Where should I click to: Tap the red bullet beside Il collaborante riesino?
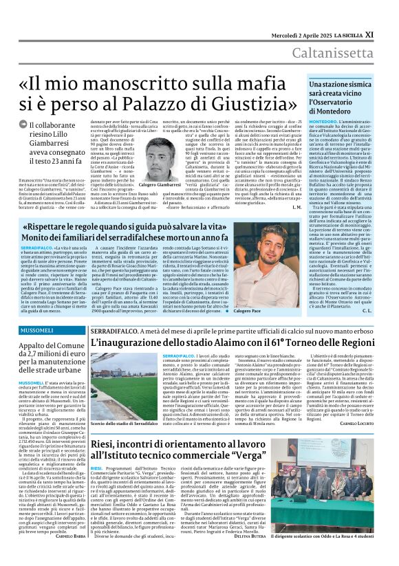(33, 124)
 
